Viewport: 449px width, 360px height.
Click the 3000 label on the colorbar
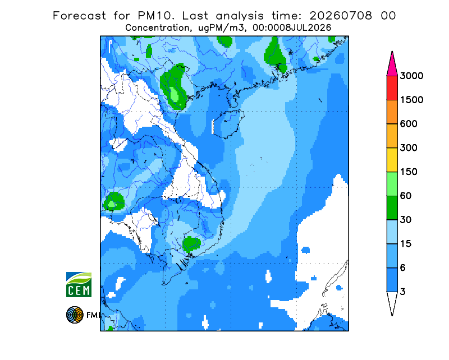click(411, 76)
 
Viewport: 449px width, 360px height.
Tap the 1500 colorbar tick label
click(411, 100)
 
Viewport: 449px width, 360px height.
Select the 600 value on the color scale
click(409, 124)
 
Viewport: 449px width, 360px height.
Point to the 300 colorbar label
click(409, 148)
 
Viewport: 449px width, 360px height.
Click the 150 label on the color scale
click(409, 172)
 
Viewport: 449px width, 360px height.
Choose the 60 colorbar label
click(406, 196)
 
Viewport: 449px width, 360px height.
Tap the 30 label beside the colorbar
click(406, 220)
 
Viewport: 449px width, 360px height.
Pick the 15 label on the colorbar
click(406, 244)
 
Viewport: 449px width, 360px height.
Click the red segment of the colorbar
click(392, 88)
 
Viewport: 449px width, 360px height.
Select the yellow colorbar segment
click(392, 160)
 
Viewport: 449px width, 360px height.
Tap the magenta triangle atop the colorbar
click(392, 65)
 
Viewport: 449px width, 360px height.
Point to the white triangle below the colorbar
click(392, 302)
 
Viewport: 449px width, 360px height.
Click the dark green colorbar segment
click(392, 208)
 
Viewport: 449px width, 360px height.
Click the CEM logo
click(79, 284)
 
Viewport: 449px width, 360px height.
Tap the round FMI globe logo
click(75, 315)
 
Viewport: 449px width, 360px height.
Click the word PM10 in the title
click(155, 16)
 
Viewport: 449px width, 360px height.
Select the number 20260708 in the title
click(341, 16)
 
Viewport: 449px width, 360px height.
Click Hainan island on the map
click(228, 123)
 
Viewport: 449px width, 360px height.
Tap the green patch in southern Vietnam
click(191, 244)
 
